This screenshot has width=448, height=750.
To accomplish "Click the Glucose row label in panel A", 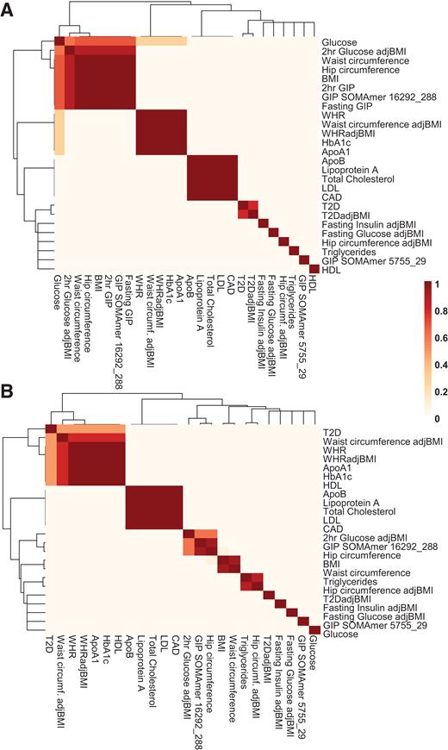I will (339, 41).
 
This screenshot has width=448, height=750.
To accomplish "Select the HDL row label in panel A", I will (333, 270).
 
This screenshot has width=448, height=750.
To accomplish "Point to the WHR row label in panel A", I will (333, 116).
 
